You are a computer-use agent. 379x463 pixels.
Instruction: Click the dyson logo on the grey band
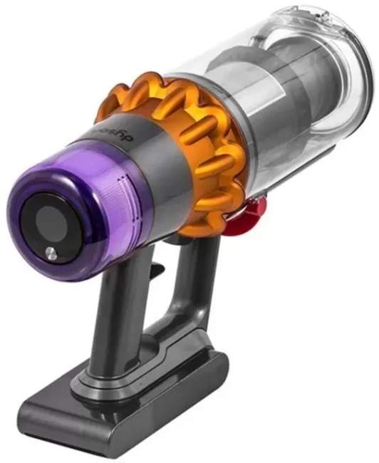tap(115, 133)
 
